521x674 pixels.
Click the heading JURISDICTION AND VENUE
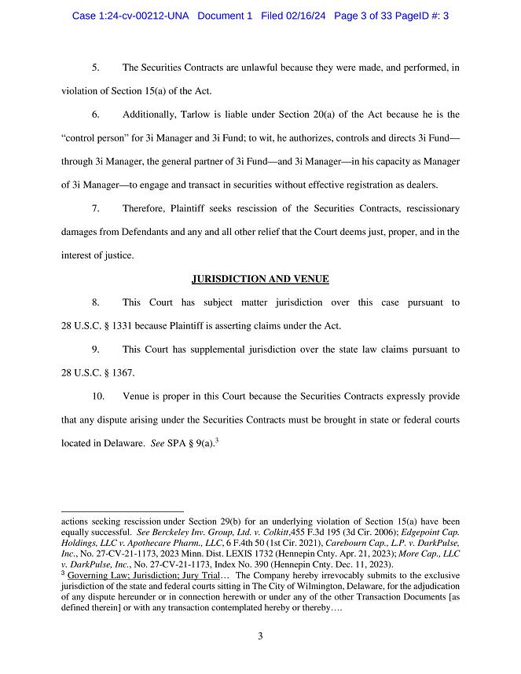click(x=260, y=279)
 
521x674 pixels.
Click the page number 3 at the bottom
click(x=260, y=636)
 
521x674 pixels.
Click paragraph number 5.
click(x=95, y=68)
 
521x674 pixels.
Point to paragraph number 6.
click(x=95, y=115)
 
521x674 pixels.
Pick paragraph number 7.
click(x=95, y=209)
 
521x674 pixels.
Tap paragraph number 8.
click(x=95, y=302)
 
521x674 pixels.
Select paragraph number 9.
click(x=95, y=349)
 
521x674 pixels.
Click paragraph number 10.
click(x=97, y=396)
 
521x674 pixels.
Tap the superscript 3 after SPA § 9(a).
click(x=216, y=440)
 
